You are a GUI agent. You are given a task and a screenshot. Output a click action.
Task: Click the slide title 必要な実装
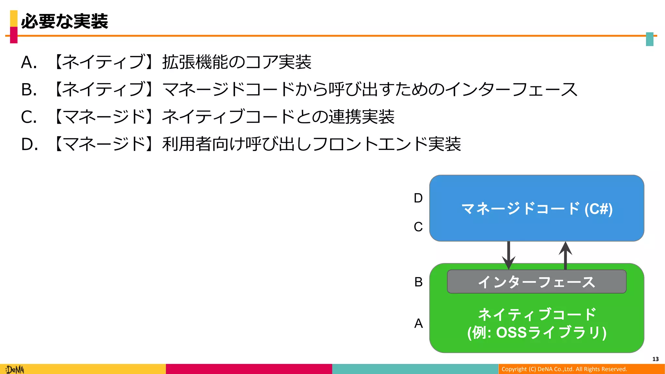[x=64, y=21]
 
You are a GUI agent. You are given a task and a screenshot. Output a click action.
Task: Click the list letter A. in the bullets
[x=29, y=62]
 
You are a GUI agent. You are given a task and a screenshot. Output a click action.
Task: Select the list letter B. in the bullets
[x=29, y=90]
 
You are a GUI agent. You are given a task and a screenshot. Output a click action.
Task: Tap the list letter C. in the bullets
[x=29, y=117]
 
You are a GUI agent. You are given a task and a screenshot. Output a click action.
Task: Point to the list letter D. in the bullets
[x=30, y=144]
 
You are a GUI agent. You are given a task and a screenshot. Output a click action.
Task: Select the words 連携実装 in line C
[x=361, y=117]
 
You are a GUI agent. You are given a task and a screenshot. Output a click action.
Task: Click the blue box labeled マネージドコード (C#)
[x=536, y=208]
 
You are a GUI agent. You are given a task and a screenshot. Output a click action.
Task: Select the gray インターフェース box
[x=536, y=282]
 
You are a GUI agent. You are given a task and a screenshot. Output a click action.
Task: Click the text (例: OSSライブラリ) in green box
[x=536, y=332]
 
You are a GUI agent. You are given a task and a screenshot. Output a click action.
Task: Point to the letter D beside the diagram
[x=418, y=198]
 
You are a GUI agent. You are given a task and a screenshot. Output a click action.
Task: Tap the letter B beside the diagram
[x=419, y=282]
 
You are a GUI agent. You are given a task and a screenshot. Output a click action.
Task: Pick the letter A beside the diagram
[x=419, y=323]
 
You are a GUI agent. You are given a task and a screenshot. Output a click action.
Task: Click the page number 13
[x=655, y=359]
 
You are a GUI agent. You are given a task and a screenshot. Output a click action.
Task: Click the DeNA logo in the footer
[x=15, y=369]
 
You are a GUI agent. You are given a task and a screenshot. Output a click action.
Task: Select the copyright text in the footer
[x=564, y=369]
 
